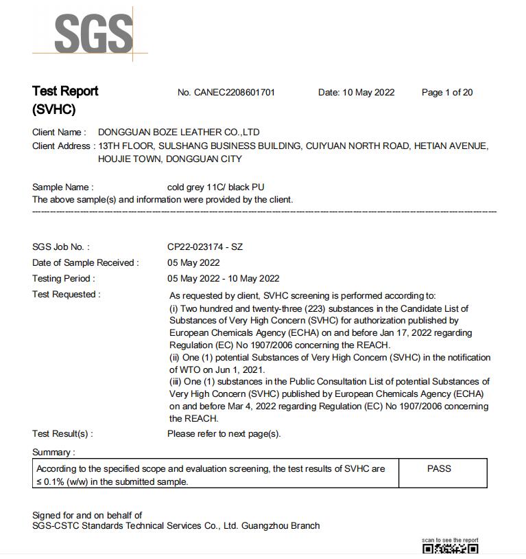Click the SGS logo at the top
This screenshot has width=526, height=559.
[93, 33]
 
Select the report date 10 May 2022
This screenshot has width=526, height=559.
[368, 93]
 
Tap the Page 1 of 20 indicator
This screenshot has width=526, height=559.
[447, 93]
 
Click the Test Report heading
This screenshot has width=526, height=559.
[65, 91]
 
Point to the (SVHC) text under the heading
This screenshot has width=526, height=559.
[53, 110]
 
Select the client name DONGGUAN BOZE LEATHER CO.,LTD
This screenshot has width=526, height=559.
[179, 132]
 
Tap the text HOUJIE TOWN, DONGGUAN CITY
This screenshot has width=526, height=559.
[170, 159]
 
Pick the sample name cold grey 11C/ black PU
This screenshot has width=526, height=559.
[215, 187]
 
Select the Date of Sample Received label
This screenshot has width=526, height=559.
[85, 262]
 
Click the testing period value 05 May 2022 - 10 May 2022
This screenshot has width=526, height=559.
[223, 278]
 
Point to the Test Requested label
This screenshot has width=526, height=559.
[66, 294]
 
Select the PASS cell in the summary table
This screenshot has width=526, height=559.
[439, 468]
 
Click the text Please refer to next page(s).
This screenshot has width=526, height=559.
[224, 433]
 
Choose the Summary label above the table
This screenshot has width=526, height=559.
[53, 452]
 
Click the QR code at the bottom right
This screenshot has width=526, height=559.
[450, 549]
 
